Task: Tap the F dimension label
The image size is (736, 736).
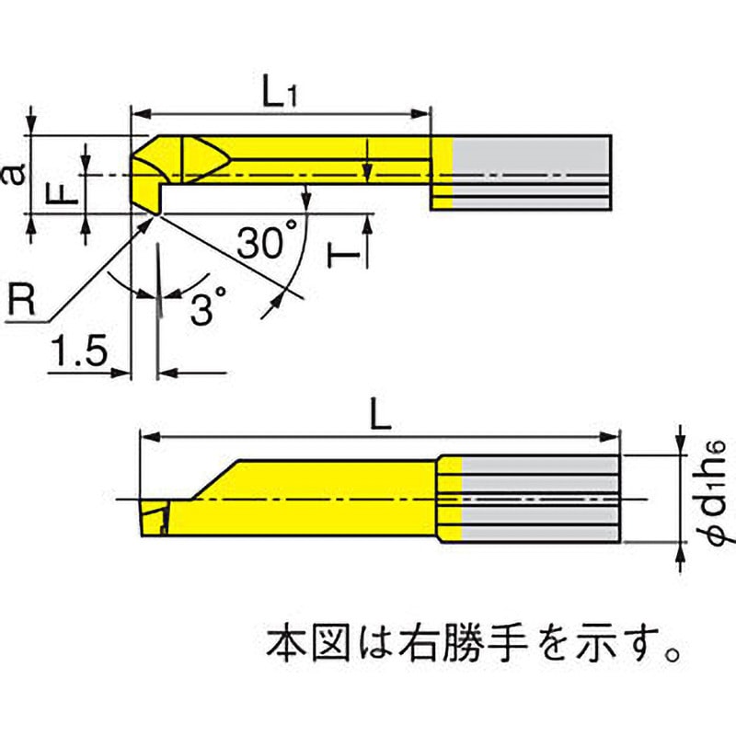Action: click(x=59, y=193)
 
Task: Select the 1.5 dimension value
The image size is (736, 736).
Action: click(x=80, y=352)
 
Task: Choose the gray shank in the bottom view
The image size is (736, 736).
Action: click(x=538, y=498)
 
